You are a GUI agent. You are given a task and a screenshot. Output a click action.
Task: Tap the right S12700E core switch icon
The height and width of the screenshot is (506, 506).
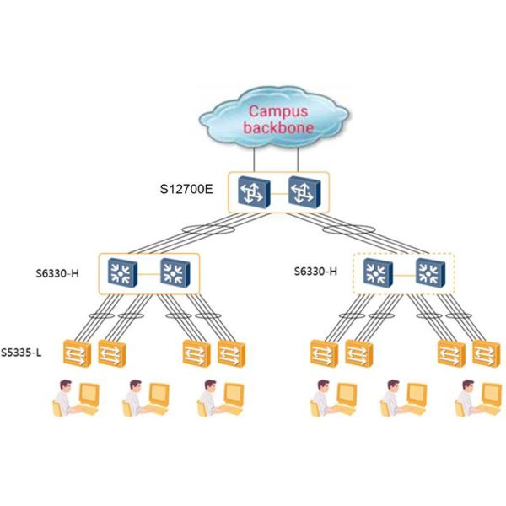301,191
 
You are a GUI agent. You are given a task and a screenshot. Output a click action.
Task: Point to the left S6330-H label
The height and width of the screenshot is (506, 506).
62,273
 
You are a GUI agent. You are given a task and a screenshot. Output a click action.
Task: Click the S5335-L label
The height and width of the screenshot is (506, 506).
21,350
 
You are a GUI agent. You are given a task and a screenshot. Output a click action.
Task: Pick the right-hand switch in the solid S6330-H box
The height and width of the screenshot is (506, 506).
177,272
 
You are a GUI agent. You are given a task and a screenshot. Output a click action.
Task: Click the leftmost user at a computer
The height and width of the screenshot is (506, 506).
75,397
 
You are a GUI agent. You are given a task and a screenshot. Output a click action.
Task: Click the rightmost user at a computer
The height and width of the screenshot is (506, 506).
475,397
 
